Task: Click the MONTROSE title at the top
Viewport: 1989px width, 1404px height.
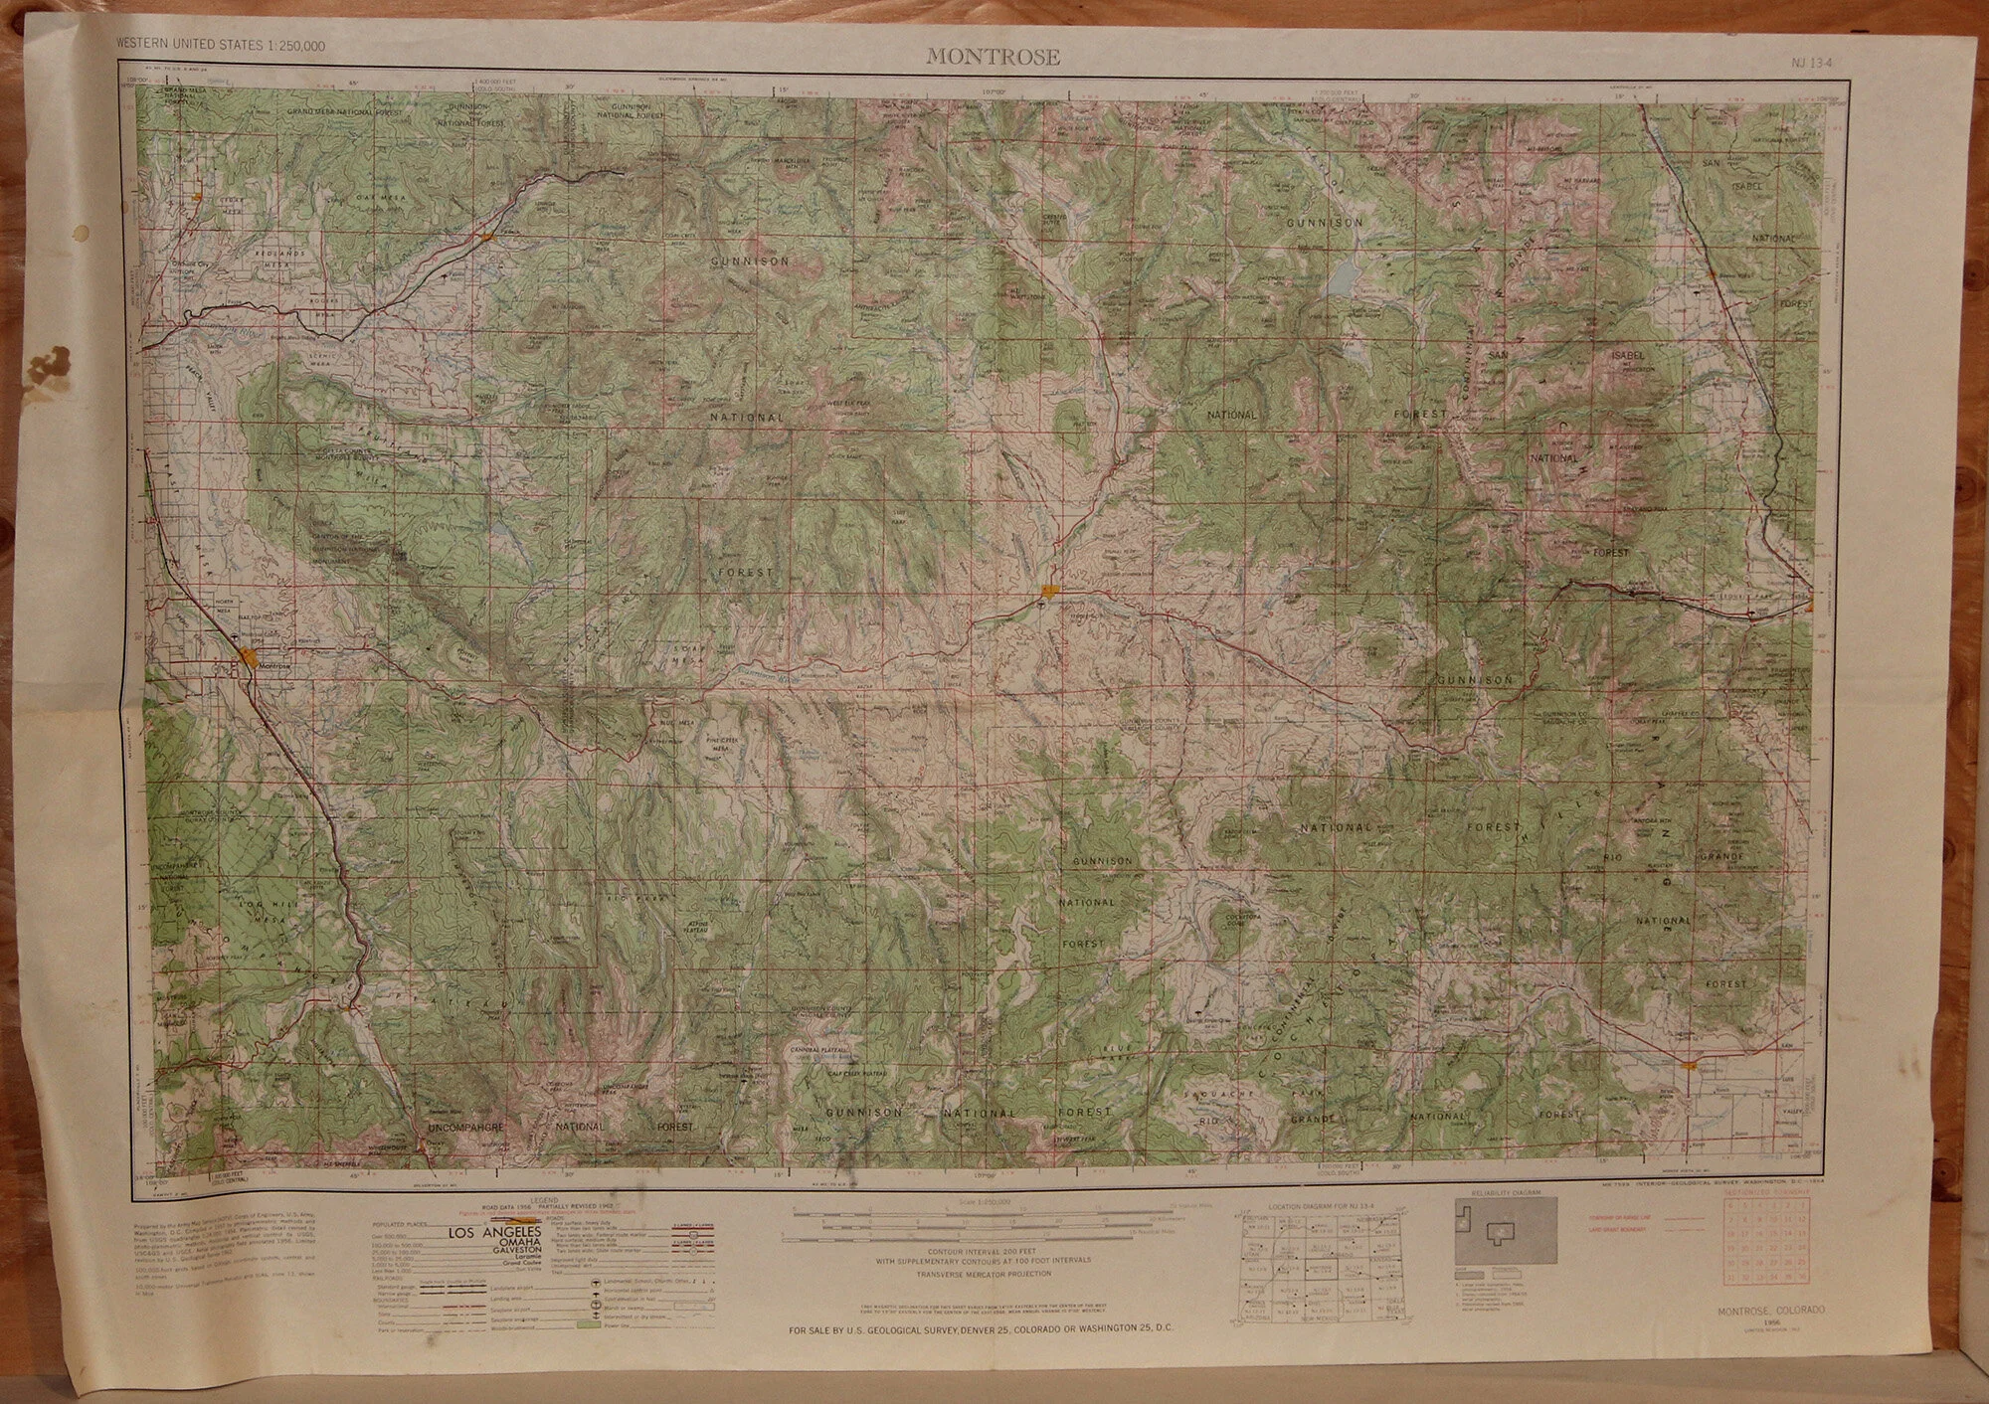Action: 993,57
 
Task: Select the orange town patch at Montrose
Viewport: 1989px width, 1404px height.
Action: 250,656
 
